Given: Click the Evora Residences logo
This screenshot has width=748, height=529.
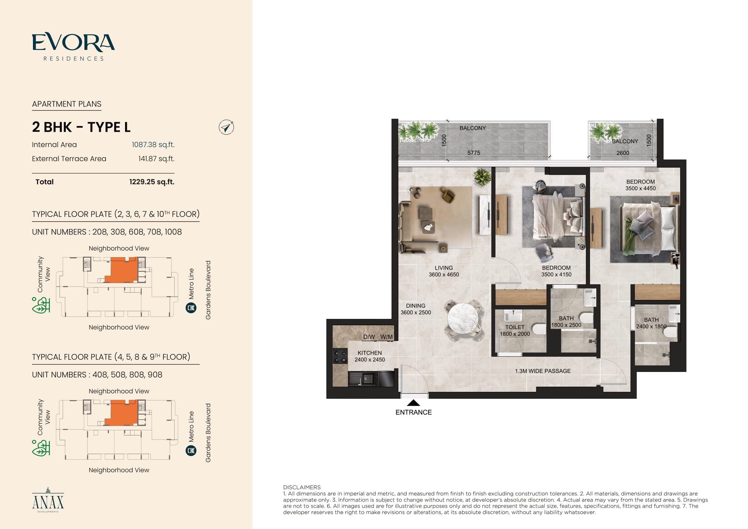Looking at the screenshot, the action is [73, 47].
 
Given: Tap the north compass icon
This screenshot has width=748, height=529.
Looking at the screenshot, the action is [226, 127].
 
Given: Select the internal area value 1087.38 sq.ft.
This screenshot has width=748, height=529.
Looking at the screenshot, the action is [153, 145].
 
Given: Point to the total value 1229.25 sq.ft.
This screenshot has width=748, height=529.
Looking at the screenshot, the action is [152, 182].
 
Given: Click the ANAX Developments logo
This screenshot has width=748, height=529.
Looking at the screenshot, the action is [48, 500].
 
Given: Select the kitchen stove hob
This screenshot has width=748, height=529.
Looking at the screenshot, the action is [340, 356].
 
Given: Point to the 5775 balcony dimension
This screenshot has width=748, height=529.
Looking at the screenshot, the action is [474, 153].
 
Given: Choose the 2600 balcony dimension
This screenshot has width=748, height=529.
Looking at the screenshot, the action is [623, 153].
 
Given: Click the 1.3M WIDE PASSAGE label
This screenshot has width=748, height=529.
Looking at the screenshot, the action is [543, 371].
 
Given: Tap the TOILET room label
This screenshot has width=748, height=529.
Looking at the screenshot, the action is [515, 327].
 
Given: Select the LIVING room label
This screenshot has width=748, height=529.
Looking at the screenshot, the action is [444, 268].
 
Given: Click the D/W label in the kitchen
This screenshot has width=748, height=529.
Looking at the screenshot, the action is [369, 337].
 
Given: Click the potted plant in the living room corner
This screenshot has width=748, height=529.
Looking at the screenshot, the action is [483, 177].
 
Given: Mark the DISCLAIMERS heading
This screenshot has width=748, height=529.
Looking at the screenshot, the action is [302, 487].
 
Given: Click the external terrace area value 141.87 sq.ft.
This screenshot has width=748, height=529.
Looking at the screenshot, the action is [156, 159].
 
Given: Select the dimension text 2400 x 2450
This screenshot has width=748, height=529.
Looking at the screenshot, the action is [369, 359].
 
